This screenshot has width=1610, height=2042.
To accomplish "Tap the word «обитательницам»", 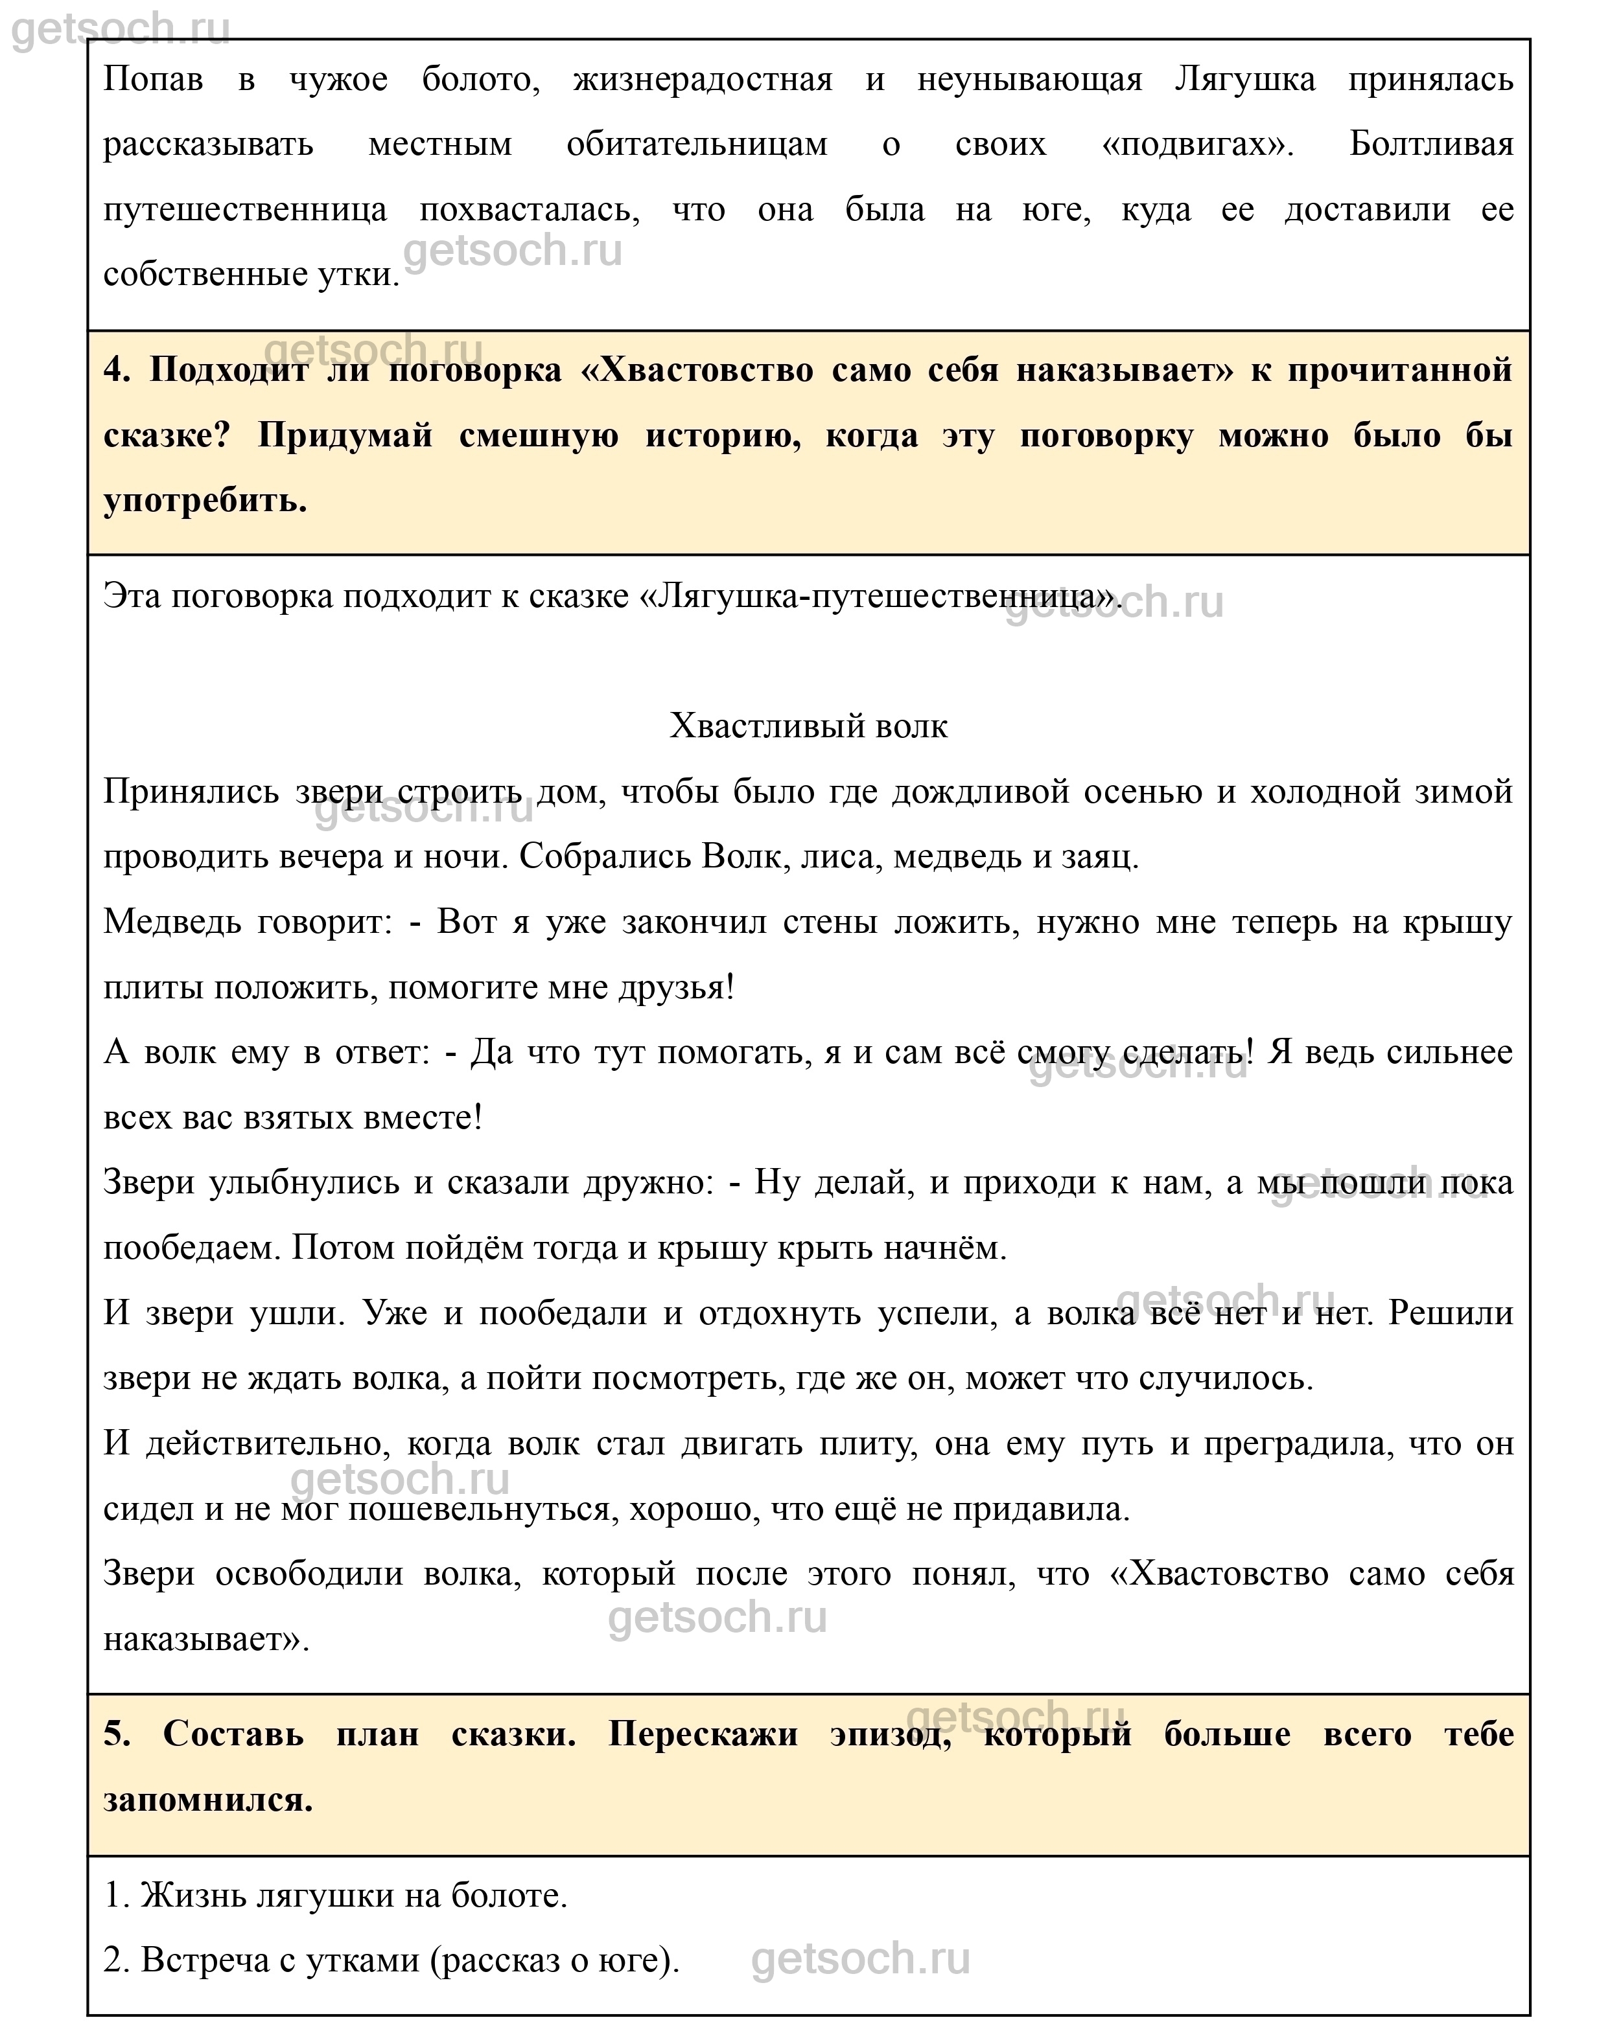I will tap(697, 144).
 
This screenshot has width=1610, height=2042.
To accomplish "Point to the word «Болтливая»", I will tap(1431, 144).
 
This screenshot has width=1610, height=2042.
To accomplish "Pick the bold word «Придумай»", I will tap(345, 435).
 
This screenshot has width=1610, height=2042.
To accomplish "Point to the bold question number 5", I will tap(117, 1734).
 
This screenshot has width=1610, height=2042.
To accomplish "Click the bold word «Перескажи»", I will tap(703, 1734).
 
